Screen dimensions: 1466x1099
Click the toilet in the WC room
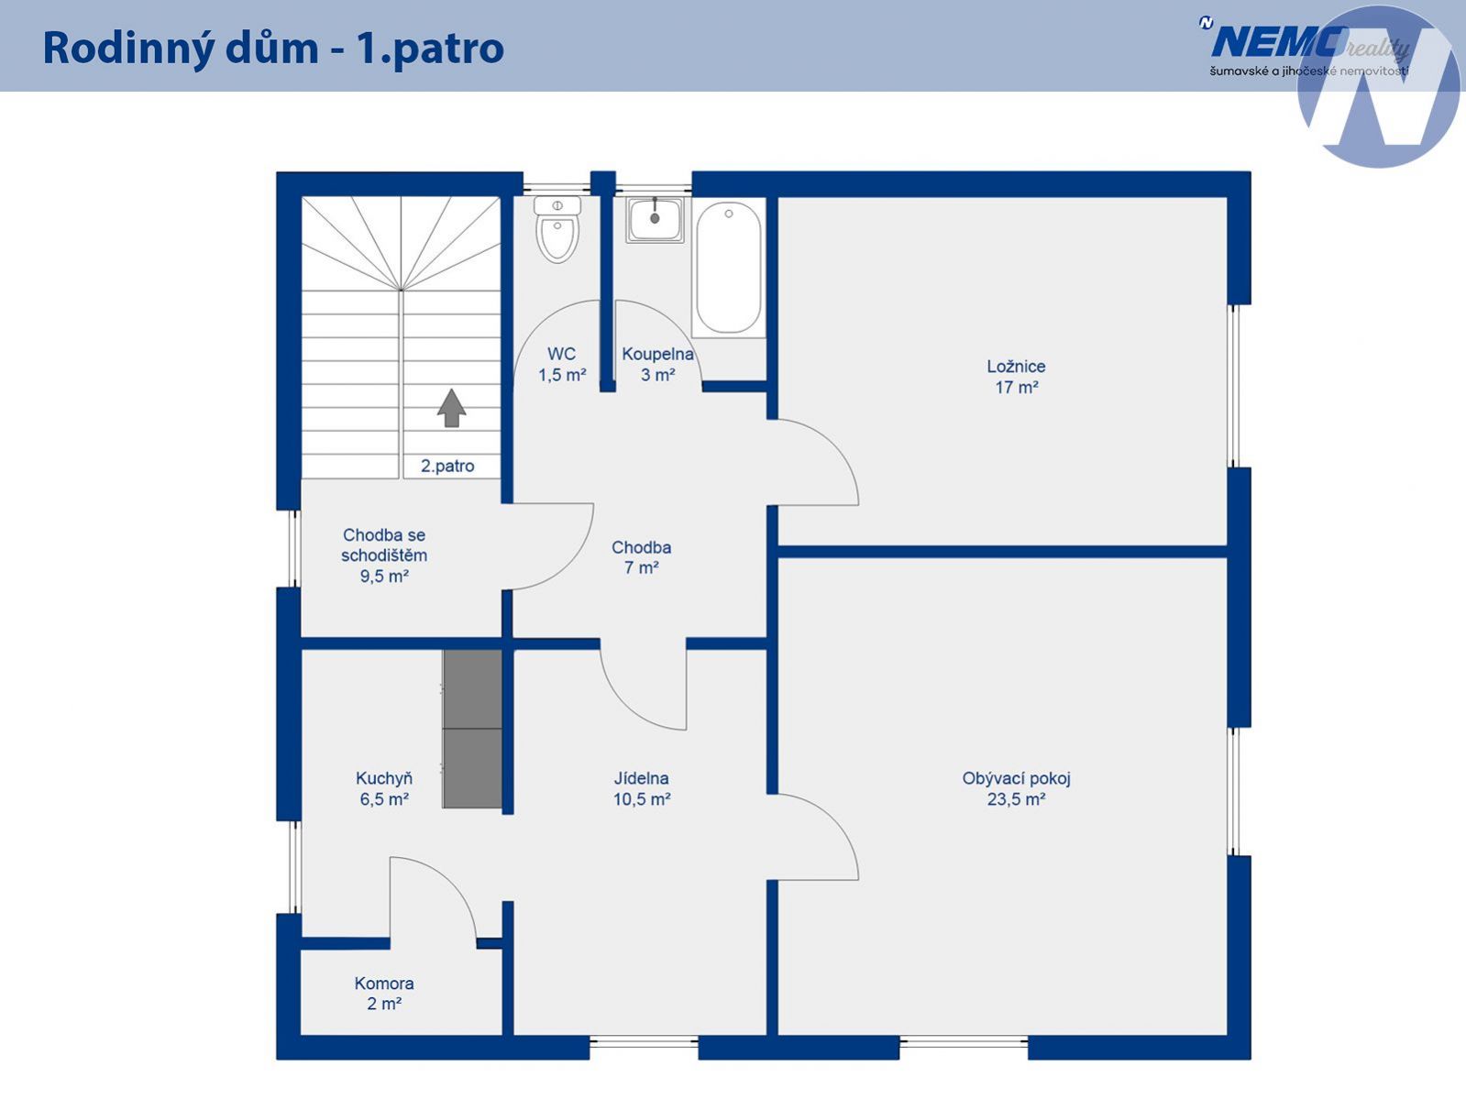[557, 229]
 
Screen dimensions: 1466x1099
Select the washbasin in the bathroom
[655, 220]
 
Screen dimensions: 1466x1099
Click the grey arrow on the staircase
[451, 408]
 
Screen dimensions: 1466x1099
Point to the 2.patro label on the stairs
[447, 466]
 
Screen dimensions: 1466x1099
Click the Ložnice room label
[1016, 366]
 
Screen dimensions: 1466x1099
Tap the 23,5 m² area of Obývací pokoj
[1016, 799]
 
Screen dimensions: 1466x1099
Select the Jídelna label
[641, 778]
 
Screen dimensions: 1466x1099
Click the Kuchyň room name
[384, 778]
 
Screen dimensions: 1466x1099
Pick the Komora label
[384, 984]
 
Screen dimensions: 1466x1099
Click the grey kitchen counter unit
[472, 729]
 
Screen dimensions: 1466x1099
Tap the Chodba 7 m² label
[641, 557]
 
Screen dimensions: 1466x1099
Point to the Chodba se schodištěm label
[384, 555]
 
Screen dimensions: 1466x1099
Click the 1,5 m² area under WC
[562, 375]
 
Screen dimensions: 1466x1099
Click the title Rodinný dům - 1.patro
[273, 48]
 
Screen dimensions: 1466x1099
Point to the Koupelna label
[658, 355]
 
